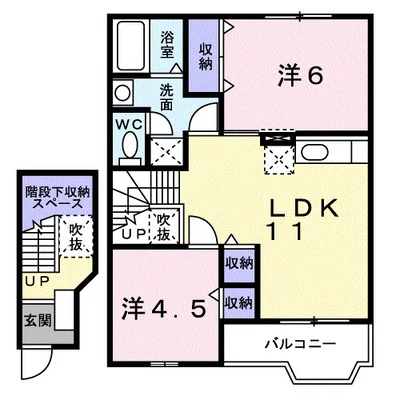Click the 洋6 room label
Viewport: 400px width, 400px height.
point(300,77)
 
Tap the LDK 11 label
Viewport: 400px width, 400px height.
point(303,219)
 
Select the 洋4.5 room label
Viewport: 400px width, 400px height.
point(163,308)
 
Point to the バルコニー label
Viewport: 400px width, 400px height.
point(300,344)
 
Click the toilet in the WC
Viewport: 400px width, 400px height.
point(130,148)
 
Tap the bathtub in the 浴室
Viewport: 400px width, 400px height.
point(131,46)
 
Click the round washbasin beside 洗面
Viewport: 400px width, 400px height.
point(122,92)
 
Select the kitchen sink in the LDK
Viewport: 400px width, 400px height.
point(315,152)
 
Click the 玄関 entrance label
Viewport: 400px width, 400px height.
point(38,321)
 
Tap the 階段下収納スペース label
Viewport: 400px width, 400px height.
point(58,198)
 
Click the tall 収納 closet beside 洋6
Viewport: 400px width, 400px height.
point(204,56)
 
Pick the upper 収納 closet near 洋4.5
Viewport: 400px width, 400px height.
point(239,264)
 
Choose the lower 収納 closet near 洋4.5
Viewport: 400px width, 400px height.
point(239,303)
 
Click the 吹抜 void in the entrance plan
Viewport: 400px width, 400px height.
point(76,237)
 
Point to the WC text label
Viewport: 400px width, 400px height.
point(129,124)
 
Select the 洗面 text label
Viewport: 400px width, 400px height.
point(166,97)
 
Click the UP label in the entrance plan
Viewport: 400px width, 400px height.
point(37,281)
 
